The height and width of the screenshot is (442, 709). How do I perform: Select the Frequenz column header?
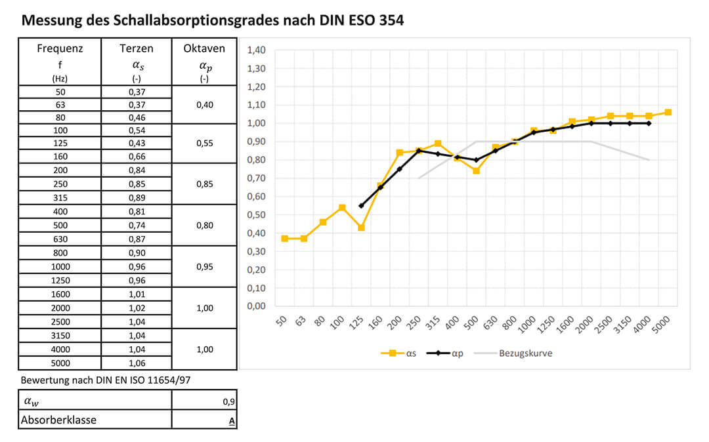tap(60, 49)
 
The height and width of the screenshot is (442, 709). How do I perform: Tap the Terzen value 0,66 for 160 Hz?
tap(137, 156)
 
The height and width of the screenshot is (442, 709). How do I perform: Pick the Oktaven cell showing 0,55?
tap(204, 142)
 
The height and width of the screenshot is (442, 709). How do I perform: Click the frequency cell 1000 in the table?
tap(60, 267)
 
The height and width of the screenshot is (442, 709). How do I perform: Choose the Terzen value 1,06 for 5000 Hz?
tap(137, 363)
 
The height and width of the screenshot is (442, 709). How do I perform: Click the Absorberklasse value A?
tap(232, 420)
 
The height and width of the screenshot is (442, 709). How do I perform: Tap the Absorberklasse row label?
tap(58, 420)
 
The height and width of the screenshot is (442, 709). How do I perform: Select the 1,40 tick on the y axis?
tap(256, 50)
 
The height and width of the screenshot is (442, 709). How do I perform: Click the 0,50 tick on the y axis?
tap(256, 214)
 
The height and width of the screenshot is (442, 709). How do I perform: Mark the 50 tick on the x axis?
tap(283, 322)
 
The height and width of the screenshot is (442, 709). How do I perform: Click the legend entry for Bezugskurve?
tap(525, 353)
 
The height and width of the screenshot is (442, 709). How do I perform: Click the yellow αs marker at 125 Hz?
tap(361, 228)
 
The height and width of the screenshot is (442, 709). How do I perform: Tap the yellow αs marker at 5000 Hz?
tap(668, 112)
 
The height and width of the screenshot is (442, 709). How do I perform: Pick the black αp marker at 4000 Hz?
tap(649, 123)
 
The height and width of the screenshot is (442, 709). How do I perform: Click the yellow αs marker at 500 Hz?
tap(476, 171)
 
